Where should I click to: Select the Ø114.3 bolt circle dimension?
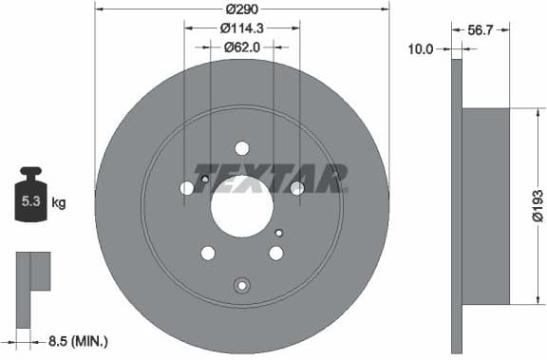(241, 29)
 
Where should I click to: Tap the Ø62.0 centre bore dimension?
(241, 47)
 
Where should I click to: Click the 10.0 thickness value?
(420, 47)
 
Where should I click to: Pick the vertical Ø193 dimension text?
(538, 204)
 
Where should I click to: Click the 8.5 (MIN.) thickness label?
(79, 339)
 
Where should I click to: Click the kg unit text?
(59, 202)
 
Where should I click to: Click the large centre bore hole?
(241, 206)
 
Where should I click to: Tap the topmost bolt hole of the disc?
(241, 147)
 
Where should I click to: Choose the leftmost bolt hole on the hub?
(187, 188)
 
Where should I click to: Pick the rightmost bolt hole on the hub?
(297, 188)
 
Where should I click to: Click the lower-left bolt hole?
(208, 253)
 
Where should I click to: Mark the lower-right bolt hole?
(276, 253)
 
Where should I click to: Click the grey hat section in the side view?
(486, 206)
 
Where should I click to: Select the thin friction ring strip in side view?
(456, 206)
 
